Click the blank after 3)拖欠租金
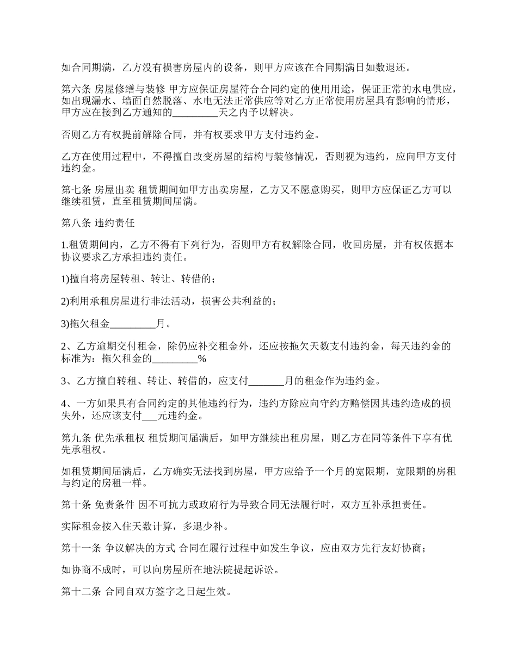click(133, 324)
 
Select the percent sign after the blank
click(201, 359)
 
